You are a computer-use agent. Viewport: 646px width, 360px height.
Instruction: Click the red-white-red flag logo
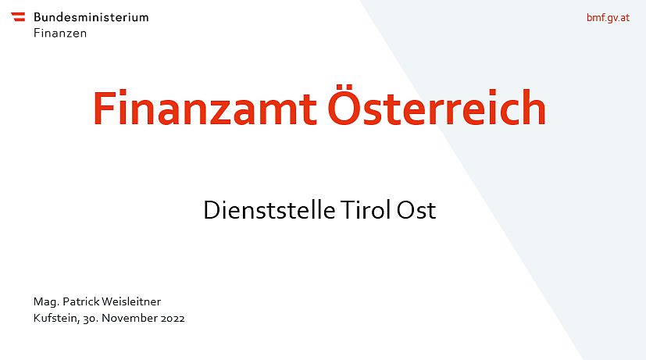coord(18,16)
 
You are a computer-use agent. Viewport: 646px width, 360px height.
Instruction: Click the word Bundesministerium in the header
coord(91,17)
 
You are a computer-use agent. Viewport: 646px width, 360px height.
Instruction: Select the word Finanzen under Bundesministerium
coord(60,33)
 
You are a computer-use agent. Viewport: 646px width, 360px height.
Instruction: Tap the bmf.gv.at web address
coord(608,18)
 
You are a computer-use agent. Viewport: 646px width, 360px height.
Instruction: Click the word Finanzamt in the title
coord(205,108)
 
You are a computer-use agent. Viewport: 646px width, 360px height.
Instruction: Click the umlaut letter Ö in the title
coord(345,105)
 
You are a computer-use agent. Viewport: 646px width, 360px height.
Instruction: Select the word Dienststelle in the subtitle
coord(269,209)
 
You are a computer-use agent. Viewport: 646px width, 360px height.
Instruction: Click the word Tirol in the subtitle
coord(366,209)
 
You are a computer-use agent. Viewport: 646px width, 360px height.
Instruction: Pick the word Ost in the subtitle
coord(416,210)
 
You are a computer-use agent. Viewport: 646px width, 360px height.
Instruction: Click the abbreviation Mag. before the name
coord(46,302)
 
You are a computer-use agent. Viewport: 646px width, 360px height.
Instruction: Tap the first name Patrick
coord(80,301)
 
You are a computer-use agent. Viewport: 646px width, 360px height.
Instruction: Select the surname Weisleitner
coord(131,301)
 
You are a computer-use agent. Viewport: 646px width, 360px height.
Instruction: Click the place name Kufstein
coord(56,319)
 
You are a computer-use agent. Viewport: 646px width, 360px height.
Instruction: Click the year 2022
coord(173,319)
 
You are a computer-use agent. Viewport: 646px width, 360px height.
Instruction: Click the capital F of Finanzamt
coord(103,108)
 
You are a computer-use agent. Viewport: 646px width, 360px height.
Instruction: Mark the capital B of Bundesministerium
coord(37,17)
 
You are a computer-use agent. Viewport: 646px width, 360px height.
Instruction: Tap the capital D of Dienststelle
coord(212,210)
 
